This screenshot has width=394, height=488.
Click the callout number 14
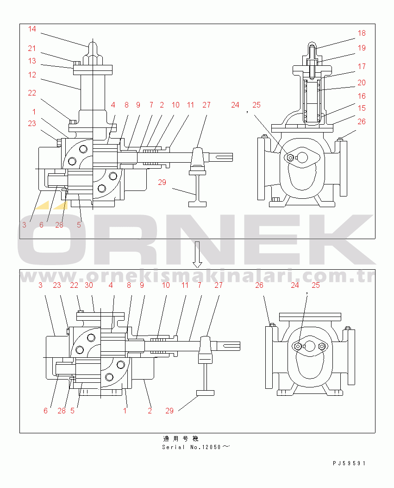pos(32,29)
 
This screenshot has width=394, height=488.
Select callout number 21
pos(32,49)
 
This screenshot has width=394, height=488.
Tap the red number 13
pos(32,61)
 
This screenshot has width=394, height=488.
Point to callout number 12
pos(32,75)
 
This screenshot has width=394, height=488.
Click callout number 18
pos(362,33)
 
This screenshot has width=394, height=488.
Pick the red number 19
pos(362,48)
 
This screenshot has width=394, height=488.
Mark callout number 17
pos(362,66)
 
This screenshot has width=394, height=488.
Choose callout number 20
pos(362,82)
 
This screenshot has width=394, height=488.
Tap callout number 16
pos(362,96)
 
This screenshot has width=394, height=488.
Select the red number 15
pos(362,108)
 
